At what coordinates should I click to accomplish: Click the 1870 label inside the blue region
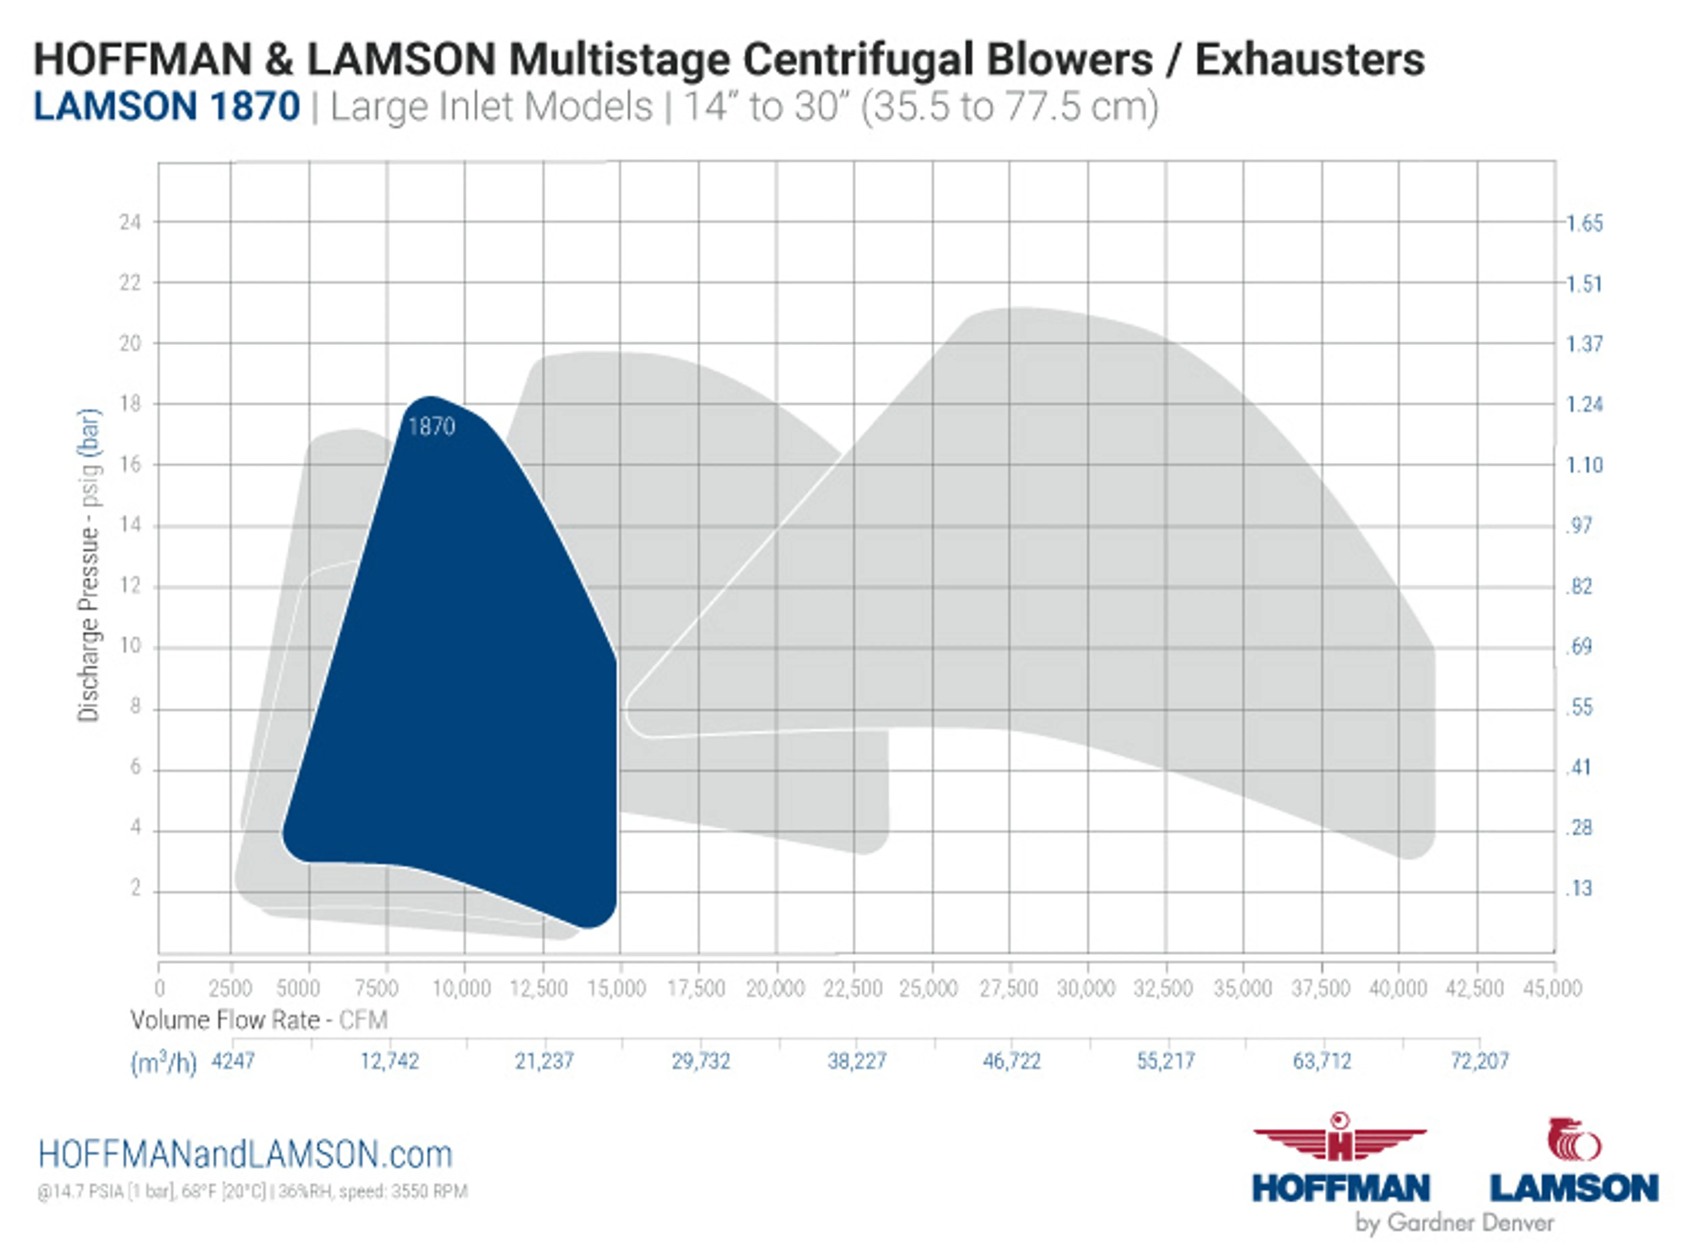[431, 426]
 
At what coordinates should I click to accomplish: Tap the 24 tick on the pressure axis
[130, 222]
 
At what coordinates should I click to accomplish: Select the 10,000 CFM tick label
[461, 988]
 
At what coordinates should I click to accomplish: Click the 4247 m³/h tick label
[233, 1061]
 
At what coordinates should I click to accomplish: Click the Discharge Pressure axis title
[88, 565]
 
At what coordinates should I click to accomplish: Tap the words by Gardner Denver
[1453, 1223]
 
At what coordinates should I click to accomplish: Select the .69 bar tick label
[1579, 646]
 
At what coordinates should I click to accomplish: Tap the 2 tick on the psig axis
[136, 888]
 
